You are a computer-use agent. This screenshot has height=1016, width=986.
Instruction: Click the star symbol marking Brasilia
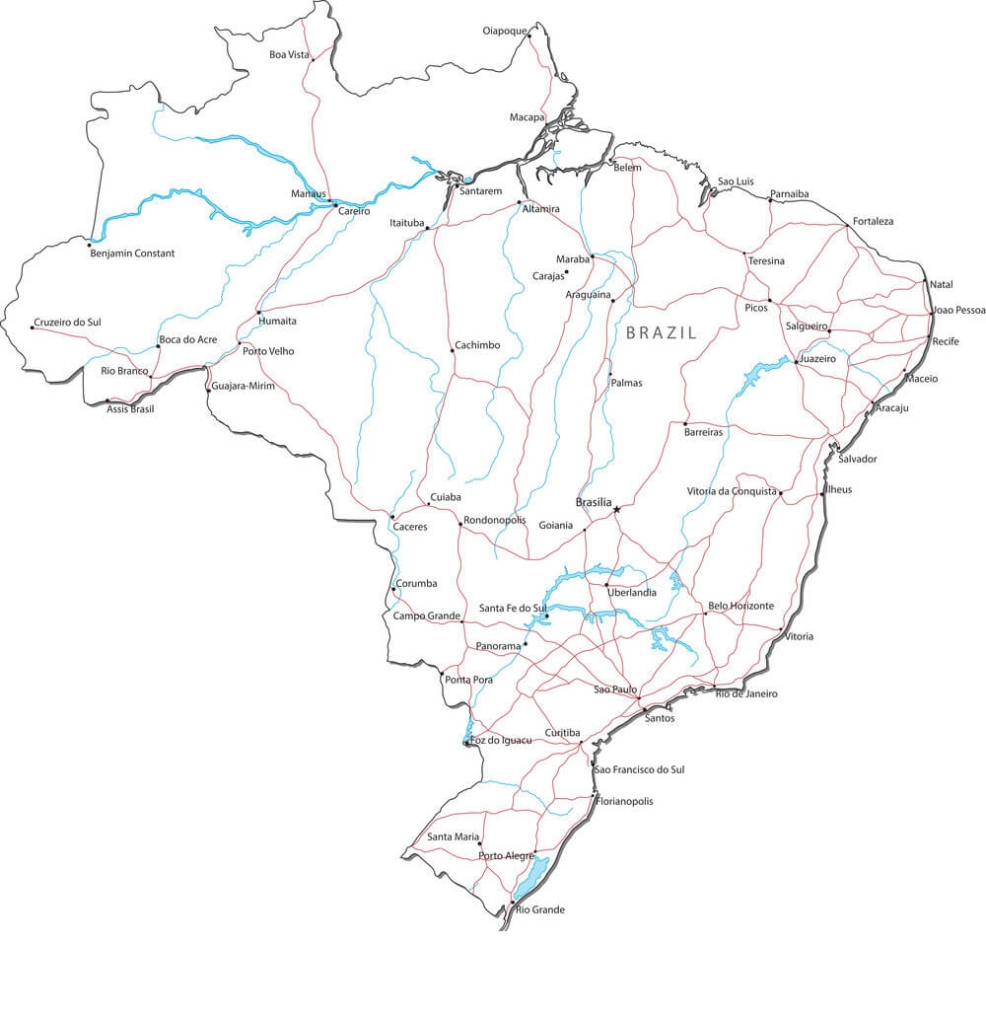pyautogui.click(x=617, y=509)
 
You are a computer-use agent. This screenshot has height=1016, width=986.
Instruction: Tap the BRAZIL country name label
pyautogui.click(x=661, y=333)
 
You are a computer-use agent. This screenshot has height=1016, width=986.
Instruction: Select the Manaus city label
pyautogui.click(x=308, y=193)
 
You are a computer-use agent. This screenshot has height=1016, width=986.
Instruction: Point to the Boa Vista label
pyautogui.click(x=290, y=54)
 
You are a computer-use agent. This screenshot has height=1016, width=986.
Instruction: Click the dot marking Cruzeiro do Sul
pyautogui.click(x=32, y=327)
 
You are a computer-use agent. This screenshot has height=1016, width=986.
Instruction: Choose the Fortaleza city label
pyautogui.click(x=873, y=221)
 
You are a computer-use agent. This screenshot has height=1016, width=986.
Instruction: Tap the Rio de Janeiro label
pyautogui.click(x=746, y=693)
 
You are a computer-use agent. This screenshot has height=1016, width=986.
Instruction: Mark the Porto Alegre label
pyautogui.click(x=506, y=855)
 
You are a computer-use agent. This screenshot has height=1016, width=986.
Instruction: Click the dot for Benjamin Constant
pyautogui.click(x=90, y=241)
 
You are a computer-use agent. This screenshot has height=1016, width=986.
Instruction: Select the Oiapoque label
pyautogui.click(x=505, y=31)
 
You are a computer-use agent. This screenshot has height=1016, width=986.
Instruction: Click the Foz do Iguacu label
pyautogui.click(x=501, y=740)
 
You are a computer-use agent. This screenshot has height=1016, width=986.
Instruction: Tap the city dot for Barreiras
pyautogui.click(x=685, y=423)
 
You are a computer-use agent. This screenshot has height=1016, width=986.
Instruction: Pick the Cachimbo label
pyautogui.click(x=476, y=345)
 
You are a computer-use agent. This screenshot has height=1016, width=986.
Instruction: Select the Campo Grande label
pyautogui.click(x=426, y=617)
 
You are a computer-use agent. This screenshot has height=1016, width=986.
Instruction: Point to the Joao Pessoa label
pyautogui.click(x=958, y=310)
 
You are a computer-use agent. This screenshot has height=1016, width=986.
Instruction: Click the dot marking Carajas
pyautogui.click(x=566, y=271)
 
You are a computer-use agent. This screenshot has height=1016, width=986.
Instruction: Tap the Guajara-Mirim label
pyautogui.click(x=243, y=386)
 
